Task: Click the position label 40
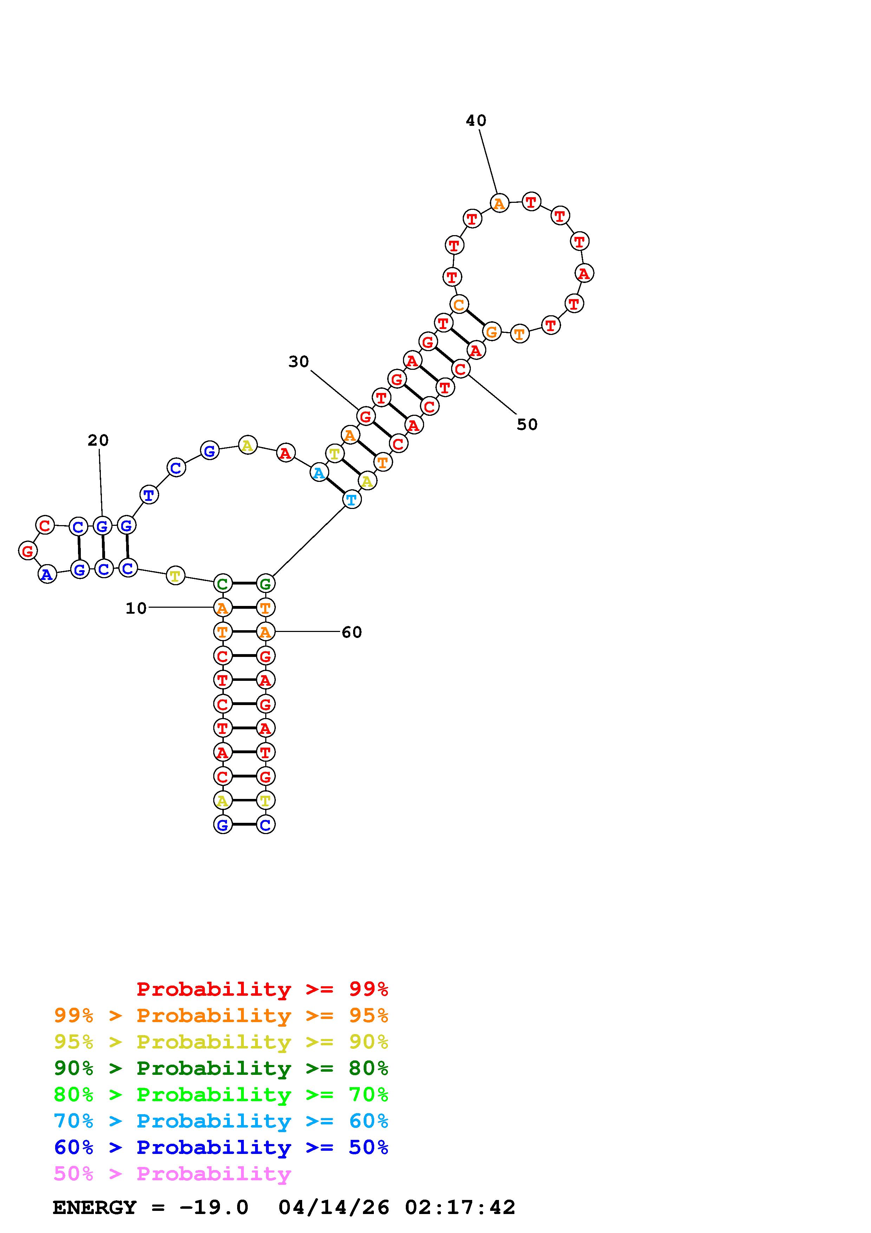[476, 121]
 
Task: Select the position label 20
[98, 440]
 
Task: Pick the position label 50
[527, 425]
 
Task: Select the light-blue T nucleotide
[351, 500]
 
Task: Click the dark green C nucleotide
[223, 583]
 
